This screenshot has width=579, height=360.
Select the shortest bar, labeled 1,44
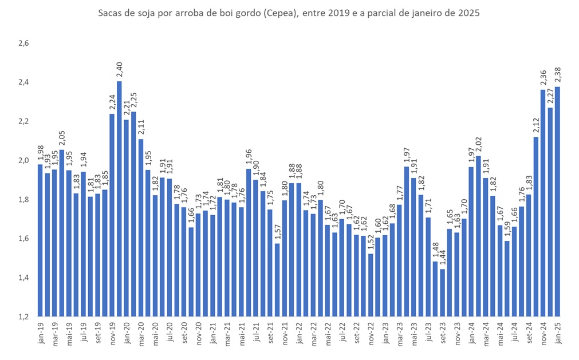[443, 292]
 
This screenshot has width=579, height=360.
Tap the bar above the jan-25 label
[558, 201]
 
